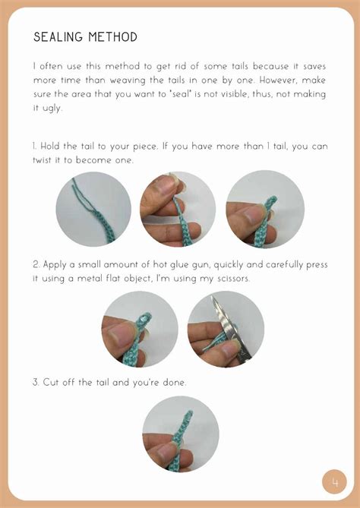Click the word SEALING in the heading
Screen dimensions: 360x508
(58, 37)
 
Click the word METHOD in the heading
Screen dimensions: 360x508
(112, 37)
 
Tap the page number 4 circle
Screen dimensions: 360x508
(334, 482)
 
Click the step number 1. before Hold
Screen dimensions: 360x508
(35, 146)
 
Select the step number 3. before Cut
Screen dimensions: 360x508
(36, 382)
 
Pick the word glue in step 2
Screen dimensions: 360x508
(181, 265)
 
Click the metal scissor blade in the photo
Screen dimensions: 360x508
(228, 327)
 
